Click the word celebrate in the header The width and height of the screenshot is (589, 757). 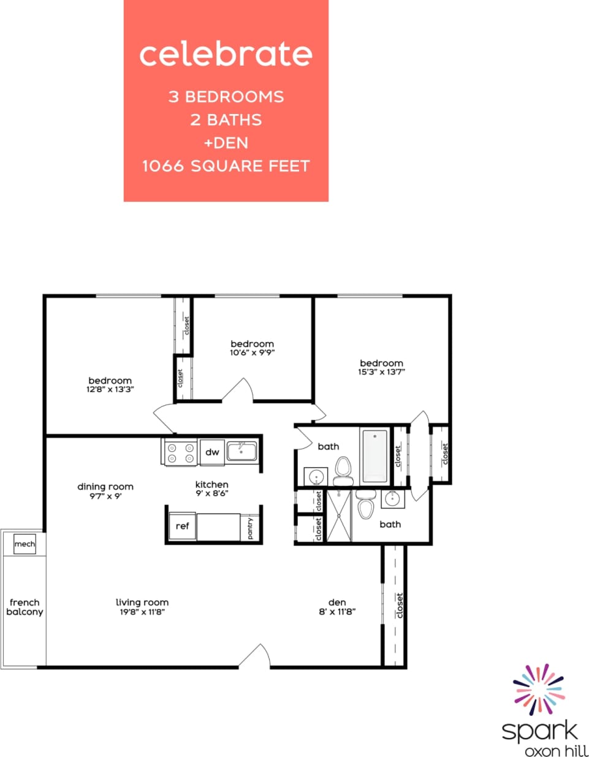pos(226,54)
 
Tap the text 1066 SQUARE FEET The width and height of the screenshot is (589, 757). pos(226,166)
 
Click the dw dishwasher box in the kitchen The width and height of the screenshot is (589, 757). pos(212,452)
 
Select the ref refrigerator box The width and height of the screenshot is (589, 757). pos(182,526)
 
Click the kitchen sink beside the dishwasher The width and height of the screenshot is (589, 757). pos(241,452)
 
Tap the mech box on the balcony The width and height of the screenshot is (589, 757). pos(25,544)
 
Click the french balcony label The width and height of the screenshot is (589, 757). pos(25,607)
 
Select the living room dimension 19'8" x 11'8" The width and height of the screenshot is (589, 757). pos(142,612)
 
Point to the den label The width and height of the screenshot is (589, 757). pos(337,603)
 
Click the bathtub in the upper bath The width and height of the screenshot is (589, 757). pos(374,456)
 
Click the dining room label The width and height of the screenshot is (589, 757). pos(105,487)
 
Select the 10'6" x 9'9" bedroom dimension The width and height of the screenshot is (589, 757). pos(252,353)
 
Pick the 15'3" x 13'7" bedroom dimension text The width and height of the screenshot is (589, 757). pos(381,372)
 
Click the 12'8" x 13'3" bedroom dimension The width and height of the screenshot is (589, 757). pos(110,389)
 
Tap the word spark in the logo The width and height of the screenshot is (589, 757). pos(539,731)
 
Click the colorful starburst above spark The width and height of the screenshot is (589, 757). pos(538,689)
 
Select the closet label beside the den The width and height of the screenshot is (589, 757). pos(400,605)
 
